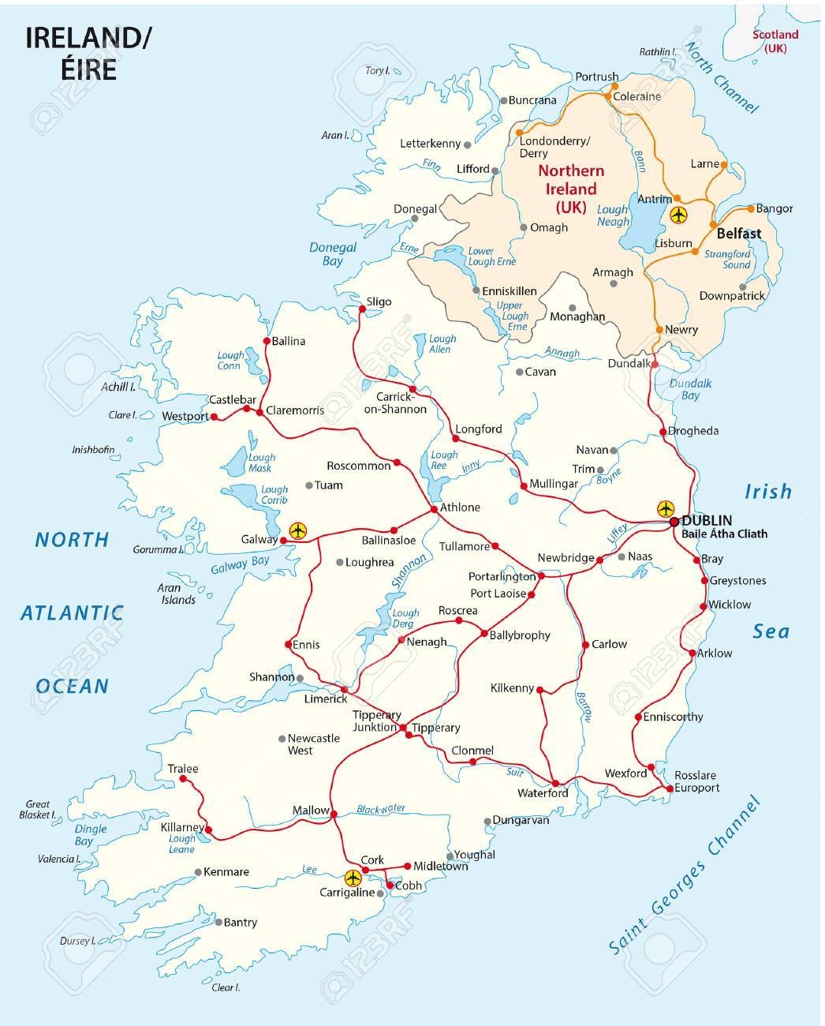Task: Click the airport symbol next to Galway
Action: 297,530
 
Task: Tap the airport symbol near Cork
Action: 353,878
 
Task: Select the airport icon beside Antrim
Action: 678,214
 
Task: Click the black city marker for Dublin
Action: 674,521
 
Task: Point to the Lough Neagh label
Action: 613,216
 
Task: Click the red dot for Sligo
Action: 362,309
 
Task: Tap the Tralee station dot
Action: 183,779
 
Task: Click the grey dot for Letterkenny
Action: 468,144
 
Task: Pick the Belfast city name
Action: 738,234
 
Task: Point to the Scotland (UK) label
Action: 775,41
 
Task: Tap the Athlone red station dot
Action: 434,511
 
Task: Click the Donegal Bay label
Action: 332,253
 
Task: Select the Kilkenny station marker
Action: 540,690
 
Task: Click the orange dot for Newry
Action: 659,329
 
